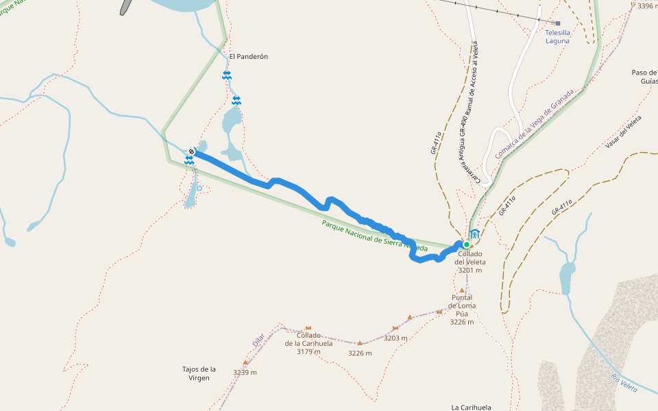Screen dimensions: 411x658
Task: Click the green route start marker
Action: [467, 245]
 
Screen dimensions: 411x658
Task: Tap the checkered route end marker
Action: [192, 151]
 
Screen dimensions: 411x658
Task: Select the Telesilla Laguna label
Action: [557, 36]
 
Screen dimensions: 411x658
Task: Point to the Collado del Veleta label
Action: [470, 262]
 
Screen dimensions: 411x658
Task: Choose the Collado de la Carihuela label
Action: [308, 343]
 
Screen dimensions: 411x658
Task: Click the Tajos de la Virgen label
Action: [199, 373]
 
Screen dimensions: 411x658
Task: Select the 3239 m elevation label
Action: [245, 373]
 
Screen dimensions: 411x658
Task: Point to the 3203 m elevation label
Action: [395, 338]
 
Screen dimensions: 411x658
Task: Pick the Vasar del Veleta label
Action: [624, 132]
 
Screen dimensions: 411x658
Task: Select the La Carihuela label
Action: [471, 407]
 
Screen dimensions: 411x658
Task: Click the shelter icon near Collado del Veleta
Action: [474, 234]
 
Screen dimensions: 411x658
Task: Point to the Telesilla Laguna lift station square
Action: [558, 23]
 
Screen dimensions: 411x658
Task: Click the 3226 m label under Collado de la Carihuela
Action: [360, 353]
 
